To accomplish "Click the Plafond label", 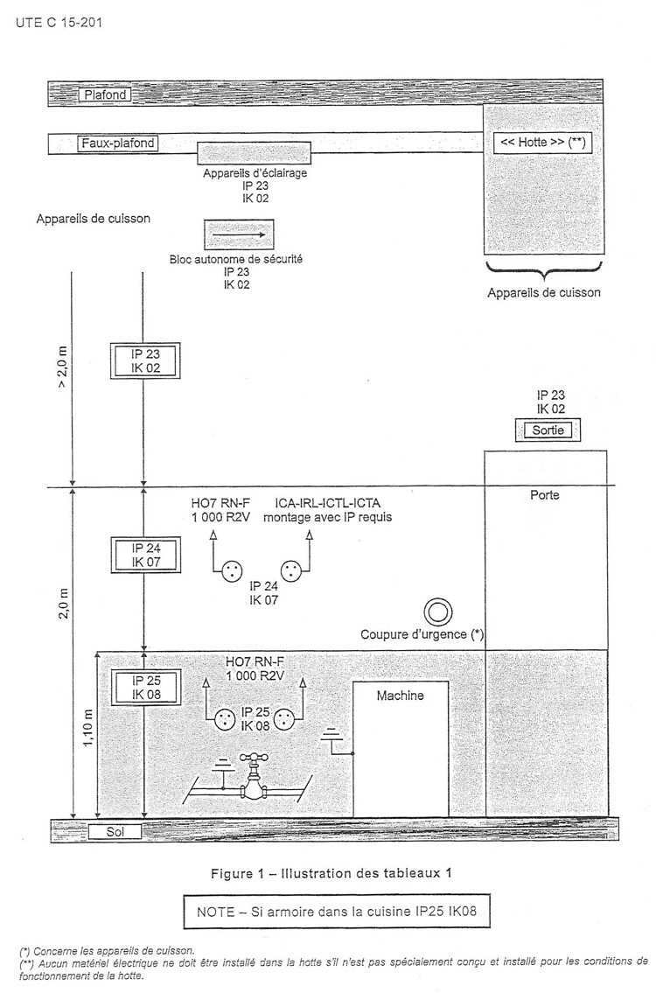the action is point(104,95).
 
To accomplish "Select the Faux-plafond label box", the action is point(118,143).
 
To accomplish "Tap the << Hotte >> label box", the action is point(542,143).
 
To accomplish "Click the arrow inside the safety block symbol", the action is point(239,234).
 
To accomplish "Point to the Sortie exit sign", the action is point(548,430).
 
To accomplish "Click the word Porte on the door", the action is point(545,495).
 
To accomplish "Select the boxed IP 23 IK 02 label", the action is point(145,361).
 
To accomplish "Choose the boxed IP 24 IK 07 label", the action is point(146,555).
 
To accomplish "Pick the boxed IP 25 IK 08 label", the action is point(146,688).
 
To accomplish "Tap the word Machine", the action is point(401,696).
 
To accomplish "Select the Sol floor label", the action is point(115,831).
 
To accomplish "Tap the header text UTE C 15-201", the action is point(59,23).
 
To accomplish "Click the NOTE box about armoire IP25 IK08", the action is point(337,912).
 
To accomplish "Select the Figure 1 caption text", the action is point(331,873).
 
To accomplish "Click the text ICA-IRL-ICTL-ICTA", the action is point(328,503).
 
